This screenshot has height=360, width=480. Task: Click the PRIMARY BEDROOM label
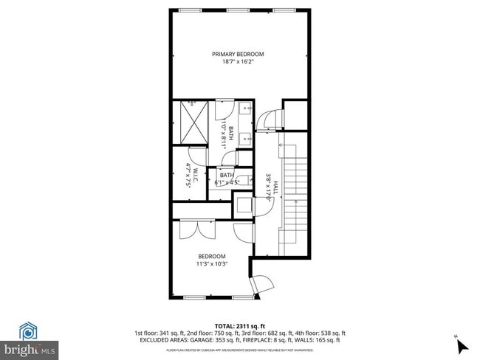(x=238, y=54)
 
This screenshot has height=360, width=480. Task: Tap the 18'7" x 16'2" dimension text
(x=238, y=62)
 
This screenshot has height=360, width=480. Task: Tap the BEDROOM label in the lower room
(x=211, y=256)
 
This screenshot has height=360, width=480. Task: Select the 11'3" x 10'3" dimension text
(x=211, y=263)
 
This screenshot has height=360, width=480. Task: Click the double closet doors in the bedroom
(x=196, y=230)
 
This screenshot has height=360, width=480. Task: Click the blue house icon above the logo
(x=29, y=330)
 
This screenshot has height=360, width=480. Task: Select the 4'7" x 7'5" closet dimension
(x=188, y=176)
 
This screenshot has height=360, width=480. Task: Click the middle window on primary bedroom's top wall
(x=238, y=10)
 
